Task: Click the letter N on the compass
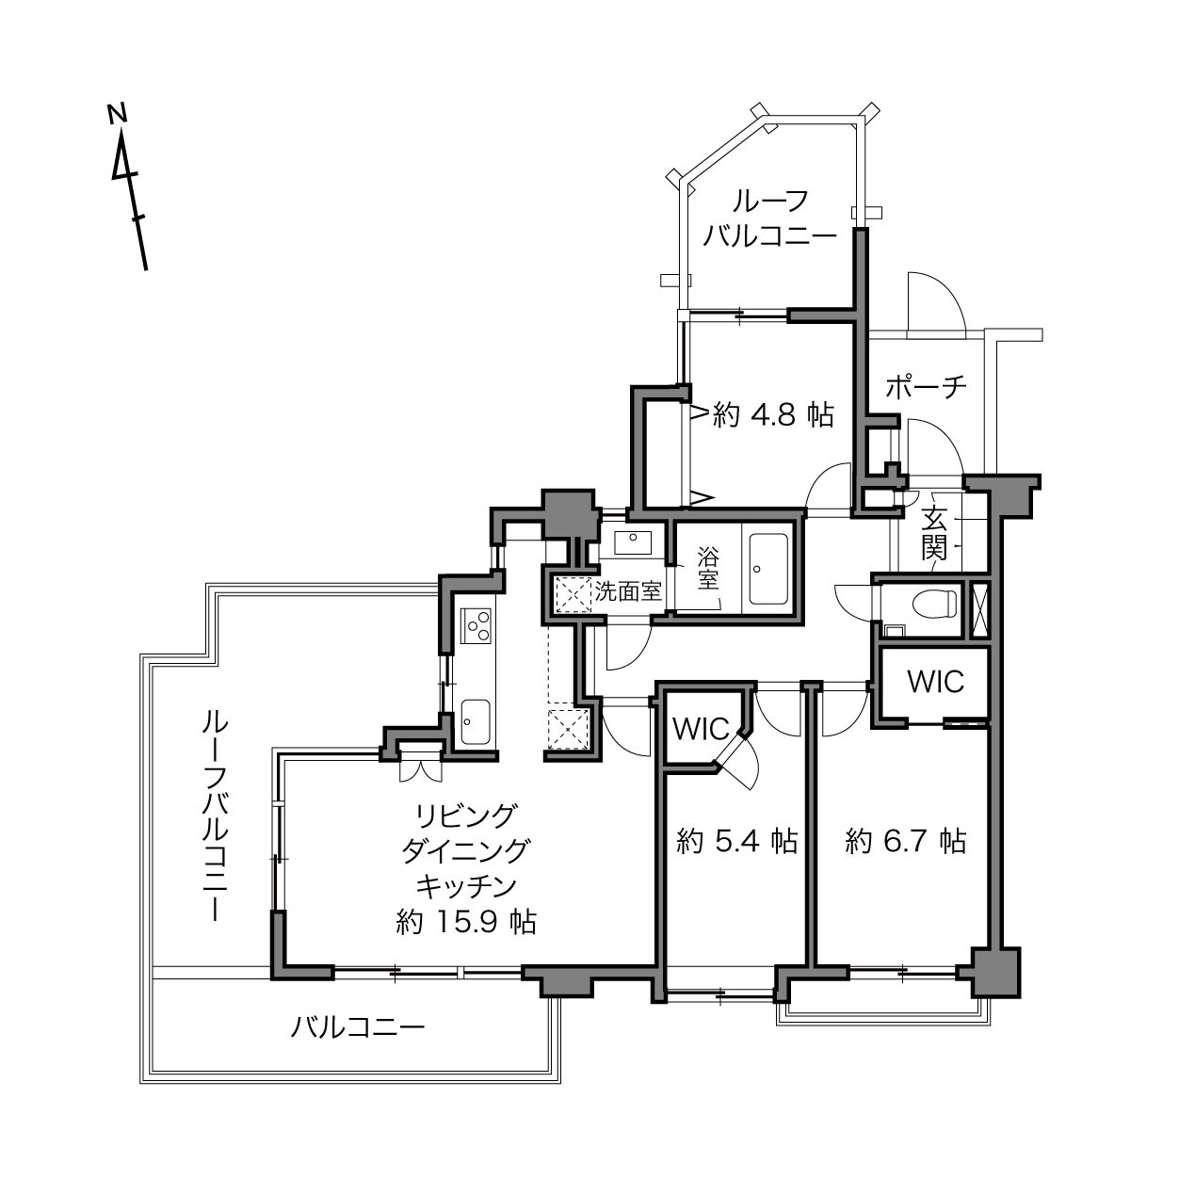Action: [x=117, y=113]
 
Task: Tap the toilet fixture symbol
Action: [x=934, y=604]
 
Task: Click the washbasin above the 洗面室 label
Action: [x=633, y=542]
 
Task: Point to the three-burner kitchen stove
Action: [x=476, y=626]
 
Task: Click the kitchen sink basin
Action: [x=476, y=722]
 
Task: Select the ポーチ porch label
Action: [x=926, y=387]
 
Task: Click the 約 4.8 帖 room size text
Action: [x=773, y=416]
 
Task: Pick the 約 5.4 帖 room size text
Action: [x=736, y=841]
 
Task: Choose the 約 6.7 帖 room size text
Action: [x=906, y=841]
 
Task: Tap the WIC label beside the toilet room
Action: [x=935, y=682]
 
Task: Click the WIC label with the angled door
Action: [x=702, y=729]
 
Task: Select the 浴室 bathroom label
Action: [x=708, y=569]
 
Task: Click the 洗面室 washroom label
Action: [x=628, y=591]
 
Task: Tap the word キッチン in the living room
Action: [x=466, y=886]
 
